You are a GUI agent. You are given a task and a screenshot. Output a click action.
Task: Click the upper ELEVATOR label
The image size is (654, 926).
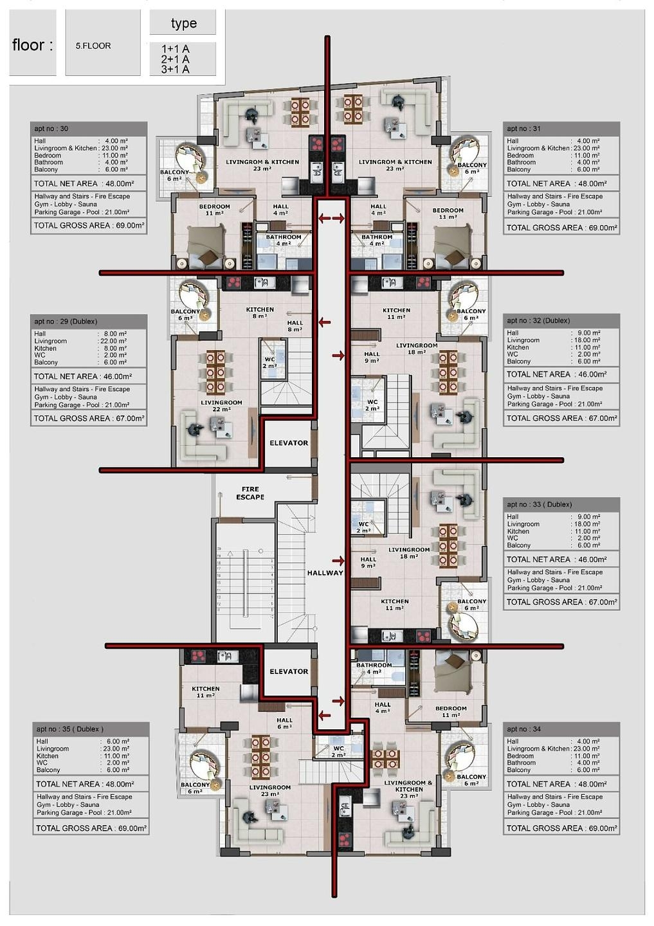point(289,443)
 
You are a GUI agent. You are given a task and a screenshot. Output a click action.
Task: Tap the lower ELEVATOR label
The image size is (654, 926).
point(289,671)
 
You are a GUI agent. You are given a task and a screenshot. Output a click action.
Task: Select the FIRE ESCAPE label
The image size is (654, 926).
point(250,493)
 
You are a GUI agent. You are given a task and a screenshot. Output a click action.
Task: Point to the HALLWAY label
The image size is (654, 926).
point(325,573)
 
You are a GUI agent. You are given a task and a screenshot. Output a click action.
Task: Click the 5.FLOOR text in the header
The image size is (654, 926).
point(93,46)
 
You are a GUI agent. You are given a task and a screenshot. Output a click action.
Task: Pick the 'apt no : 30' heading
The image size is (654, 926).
point(51,129)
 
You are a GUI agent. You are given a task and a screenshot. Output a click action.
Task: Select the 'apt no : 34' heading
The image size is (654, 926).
point(523,729)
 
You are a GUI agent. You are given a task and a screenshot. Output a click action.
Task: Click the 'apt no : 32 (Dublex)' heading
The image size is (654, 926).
point(538,321)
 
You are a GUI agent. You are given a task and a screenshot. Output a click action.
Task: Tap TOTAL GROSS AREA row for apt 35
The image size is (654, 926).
point(91,828)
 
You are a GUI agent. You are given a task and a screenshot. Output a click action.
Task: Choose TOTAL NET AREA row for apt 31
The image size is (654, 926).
point(561,184)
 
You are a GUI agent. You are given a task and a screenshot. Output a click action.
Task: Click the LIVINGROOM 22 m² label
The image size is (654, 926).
point(221,406)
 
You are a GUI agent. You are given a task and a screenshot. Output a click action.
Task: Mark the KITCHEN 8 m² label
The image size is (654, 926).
point(260,313)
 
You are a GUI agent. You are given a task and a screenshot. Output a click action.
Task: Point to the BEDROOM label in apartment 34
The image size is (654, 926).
point(451,711)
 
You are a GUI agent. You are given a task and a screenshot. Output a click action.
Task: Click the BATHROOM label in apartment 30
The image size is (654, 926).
point(284,240)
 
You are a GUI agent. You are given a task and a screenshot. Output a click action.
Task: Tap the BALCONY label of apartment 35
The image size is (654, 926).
point(195,788)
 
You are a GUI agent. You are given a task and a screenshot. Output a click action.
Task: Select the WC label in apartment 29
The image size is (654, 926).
point(269,363)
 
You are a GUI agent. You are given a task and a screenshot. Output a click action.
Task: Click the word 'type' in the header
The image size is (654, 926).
point(183,24)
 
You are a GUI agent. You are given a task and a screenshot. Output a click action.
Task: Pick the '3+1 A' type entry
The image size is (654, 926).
point(175,69)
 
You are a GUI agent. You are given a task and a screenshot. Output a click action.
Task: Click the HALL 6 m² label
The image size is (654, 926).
point(284,723)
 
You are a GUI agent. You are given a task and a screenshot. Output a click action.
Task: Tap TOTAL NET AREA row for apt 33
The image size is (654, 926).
point(561,560)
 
